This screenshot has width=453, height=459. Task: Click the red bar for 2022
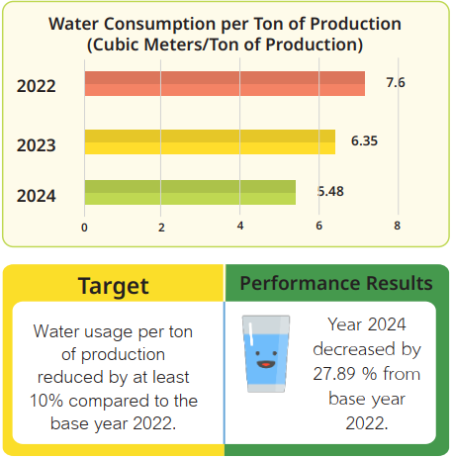pos(225,83)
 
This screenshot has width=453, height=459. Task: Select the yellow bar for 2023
pos(210,141)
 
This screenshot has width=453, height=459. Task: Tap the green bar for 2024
pos(190,192)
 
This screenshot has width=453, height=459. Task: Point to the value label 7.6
pos(396,82)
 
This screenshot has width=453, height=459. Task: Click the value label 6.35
pos(364,140)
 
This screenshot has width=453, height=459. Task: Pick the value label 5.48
pos(330,191)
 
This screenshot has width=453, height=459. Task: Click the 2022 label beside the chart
pos(37,86)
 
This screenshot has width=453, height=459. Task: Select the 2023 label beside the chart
pos(37,145)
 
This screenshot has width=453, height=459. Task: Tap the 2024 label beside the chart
pos(37,196)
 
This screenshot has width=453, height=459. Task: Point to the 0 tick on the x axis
pos(84,228)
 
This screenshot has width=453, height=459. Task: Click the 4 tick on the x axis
pos(240,226)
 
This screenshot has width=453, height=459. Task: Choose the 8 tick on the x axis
pos(397,226)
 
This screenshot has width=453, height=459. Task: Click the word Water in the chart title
pos(73,24)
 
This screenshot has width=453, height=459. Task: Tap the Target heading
pos(114,286)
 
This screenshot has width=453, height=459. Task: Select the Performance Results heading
pos(336,283)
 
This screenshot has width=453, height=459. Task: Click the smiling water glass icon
pos(266,353)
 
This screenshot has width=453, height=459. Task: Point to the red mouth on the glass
pos(266,364)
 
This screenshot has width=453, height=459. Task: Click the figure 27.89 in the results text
pos(335,374)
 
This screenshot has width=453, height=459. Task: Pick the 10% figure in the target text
pos(46,401)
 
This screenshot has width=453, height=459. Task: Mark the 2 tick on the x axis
pos(161,228)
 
